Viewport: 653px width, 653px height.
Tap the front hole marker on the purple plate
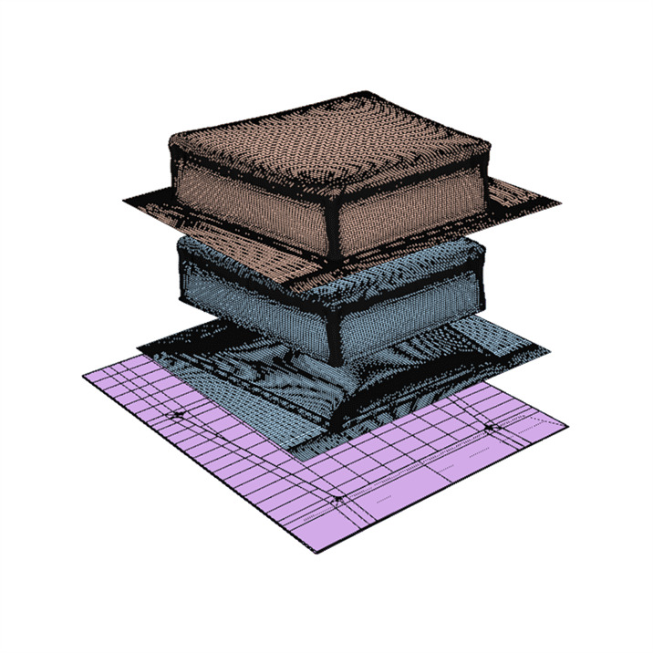tap(338, 499)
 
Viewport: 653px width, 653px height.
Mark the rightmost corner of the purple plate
tap(567, 421)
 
